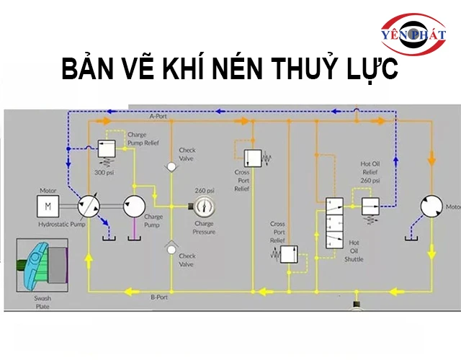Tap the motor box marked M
pos(48,207)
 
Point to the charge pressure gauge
pos(204,207)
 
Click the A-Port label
pos(158,116)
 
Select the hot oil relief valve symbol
pos(370,203)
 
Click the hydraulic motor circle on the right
pos(433,207)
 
